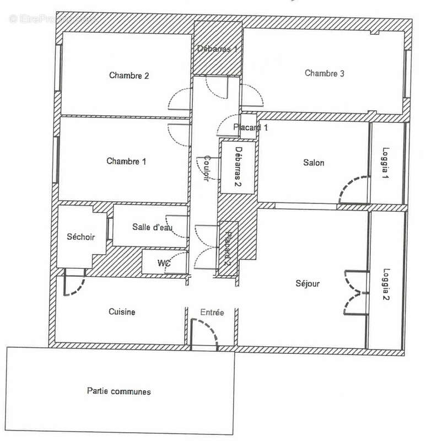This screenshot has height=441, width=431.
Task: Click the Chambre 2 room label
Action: pos(129,76)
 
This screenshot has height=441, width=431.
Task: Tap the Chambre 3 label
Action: pos(324,73)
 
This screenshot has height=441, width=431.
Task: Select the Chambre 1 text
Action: pos(126,161)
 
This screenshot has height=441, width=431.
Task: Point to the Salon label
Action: pos(314,163)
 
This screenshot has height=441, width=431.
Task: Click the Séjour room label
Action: pos(308,283)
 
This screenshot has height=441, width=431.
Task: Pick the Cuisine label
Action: pos(122,311)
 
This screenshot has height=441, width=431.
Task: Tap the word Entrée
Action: pos(212,312)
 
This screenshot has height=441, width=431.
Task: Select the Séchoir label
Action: pos(80,237)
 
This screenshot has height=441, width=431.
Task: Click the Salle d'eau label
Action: pos(152,227)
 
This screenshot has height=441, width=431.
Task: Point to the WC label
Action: pos(164,263)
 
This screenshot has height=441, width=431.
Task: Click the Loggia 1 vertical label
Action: pos(386,163)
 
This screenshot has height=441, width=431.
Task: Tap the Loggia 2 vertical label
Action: pos(386,284)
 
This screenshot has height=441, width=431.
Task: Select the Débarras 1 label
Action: pos(217,49)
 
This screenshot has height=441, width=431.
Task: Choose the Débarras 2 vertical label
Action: pos(239,166)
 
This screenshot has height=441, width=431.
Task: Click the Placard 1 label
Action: pos(251,127)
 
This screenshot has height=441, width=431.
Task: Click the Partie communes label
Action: pos(119,391)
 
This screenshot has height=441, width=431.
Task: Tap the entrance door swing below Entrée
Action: pos(204,335)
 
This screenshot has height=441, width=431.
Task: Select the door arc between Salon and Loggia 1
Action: pos(354,190)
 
